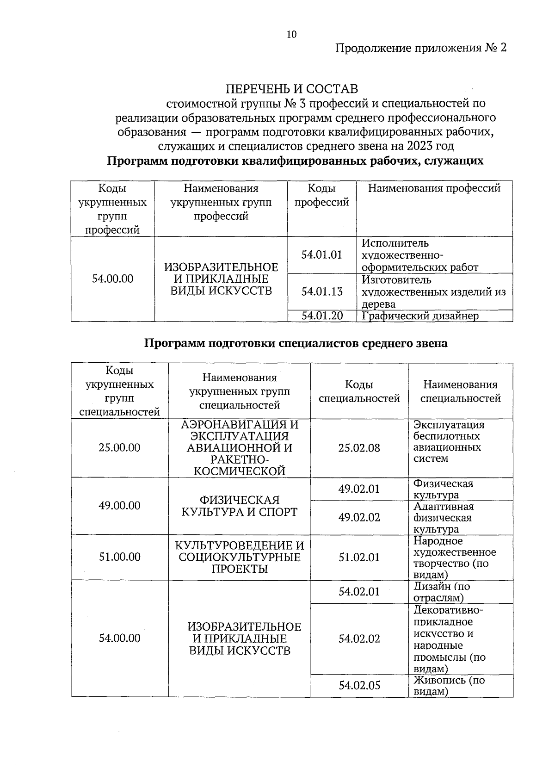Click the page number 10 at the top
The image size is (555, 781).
[291, 34]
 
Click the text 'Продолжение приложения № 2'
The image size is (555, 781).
[420, 48]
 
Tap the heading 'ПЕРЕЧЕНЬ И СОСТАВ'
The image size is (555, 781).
[291, 89]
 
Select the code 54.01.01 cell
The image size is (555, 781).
[321, 255]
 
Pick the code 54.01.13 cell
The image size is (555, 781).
[321, 291]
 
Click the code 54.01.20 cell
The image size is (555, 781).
[321, 316]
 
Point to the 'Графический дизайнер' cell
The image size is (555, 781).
[420, 316]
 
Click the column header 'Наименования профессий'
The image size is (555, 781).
[434, 189]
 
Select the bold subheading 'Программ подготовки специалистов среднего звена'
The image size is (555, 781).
[296, 343]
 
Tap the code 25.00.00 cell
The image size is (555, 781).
[119, 448]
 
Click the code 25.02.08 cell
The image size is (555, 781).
[359, 448]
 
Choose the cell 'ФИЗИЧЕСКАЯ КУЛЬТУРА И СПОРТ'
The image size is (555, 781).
[239, 506]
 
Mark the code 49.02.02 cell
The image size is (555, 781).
[359, 517]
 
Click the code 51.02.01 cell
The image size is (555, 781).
[359, 558]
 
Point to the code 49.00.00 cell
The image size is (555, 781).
[119, 506]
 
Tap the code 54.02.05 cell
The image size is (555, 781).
[359, 686]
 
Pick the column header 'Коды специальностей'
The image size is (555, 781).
[359, 391]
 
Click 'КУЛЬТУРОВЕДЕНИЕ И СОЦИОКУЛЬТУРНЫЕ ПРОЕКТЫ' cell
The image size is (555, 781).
[239, 558]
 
